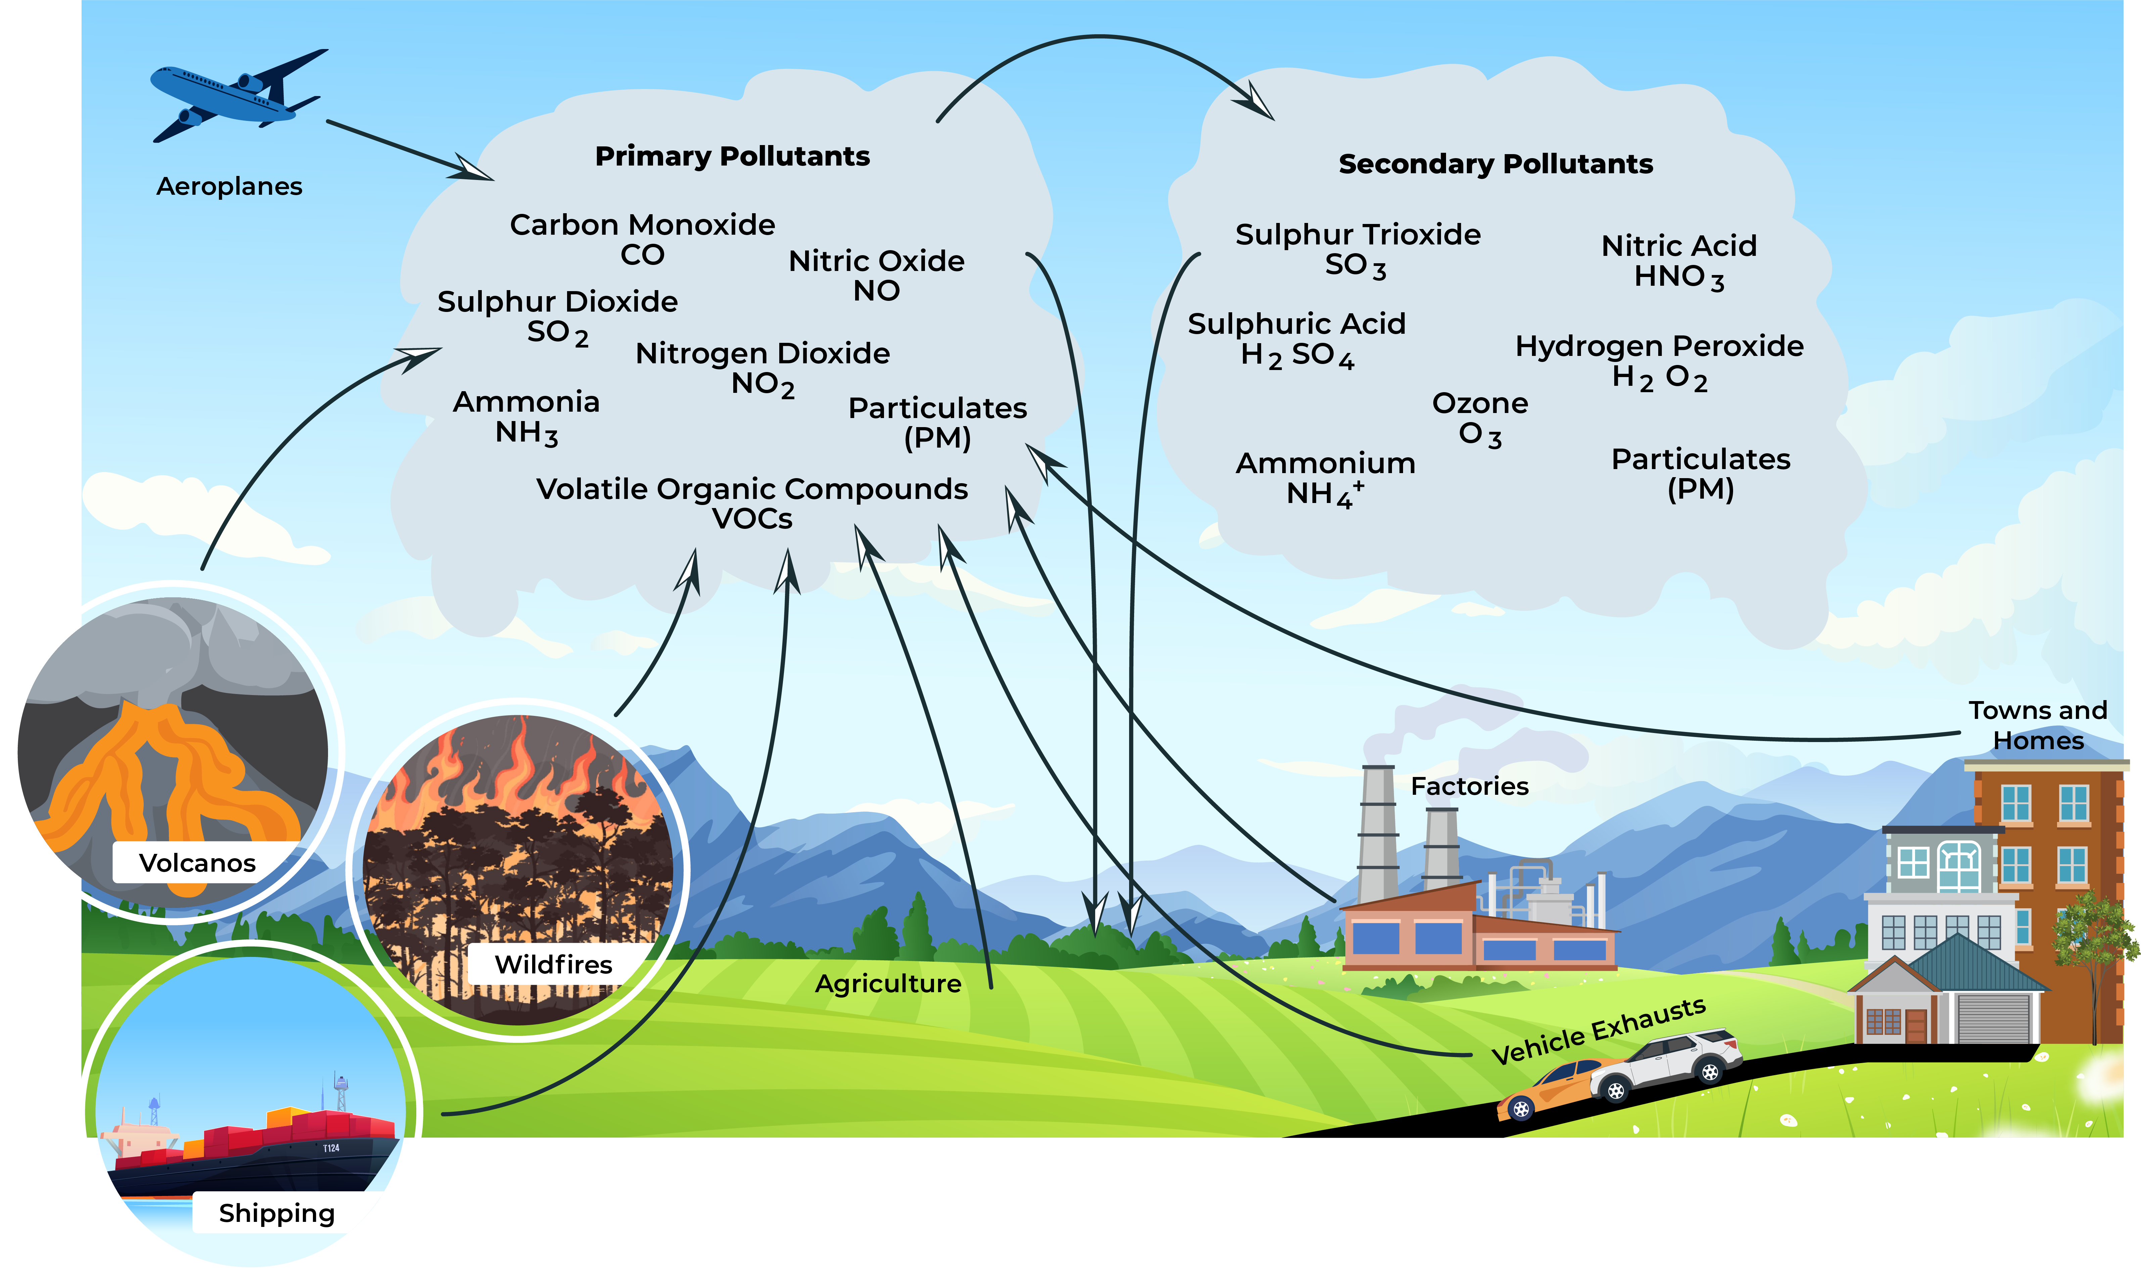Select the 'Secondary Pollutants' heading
[1495, 165]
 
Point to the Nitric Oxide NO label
[876, 275]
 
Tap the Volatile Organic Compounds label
[751, 502]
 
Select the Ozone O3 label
[1480, 418]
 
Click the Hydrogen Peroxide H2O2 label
[1659, 361]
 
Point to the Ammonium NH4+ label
[1324, 478]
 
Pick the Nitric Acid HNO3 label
[1679, 261]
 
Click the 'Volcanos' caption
[197, 863]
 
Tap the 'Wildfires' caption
[553, 964]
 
